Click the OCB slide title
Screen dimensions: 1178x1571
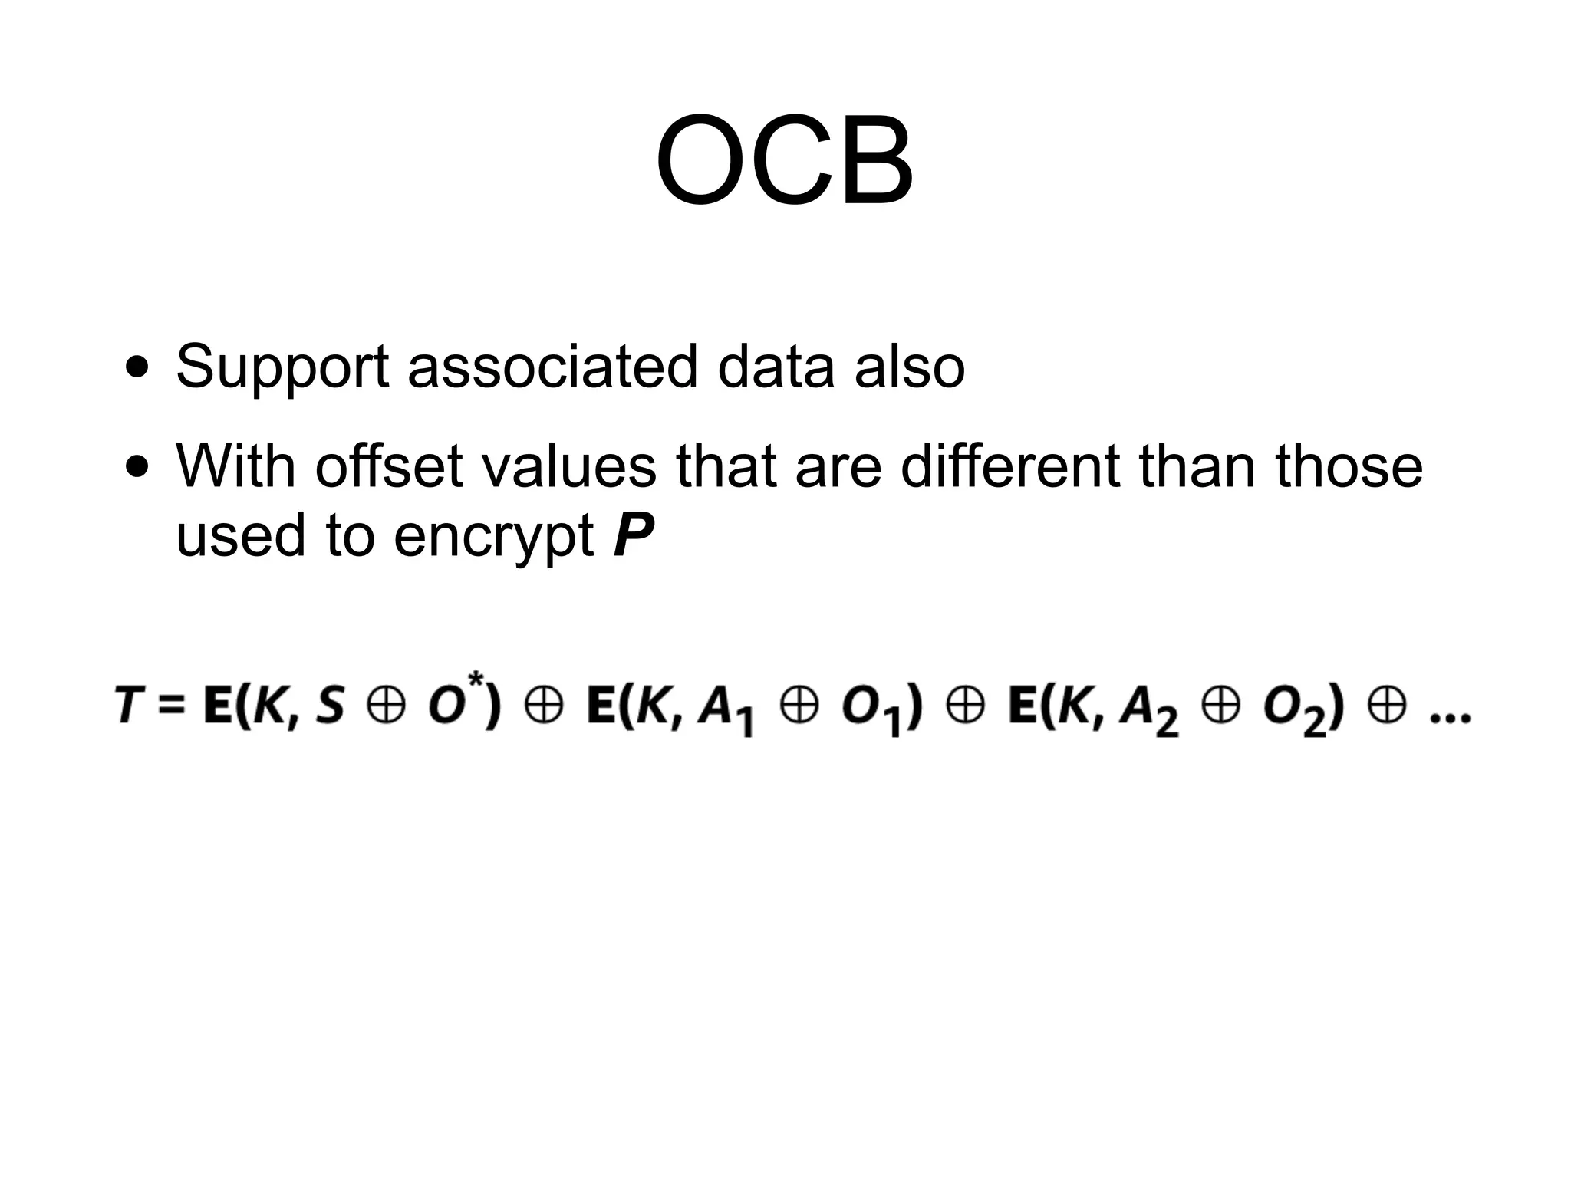[x=784, y=161]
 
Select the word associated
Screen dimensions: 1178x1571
[x=552, y=367]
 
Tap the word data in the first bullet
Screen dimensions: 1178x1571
[x=776, y=367]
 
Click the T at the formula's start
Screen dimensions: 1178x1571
[x=128, y=706]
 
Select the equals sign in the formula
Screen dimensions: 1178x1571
[x=172, y=706]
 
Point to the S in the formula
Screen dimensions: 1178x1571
[x=330, y=706]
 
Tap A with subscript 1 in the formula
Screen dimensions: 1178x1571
[x=724, y=709]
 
